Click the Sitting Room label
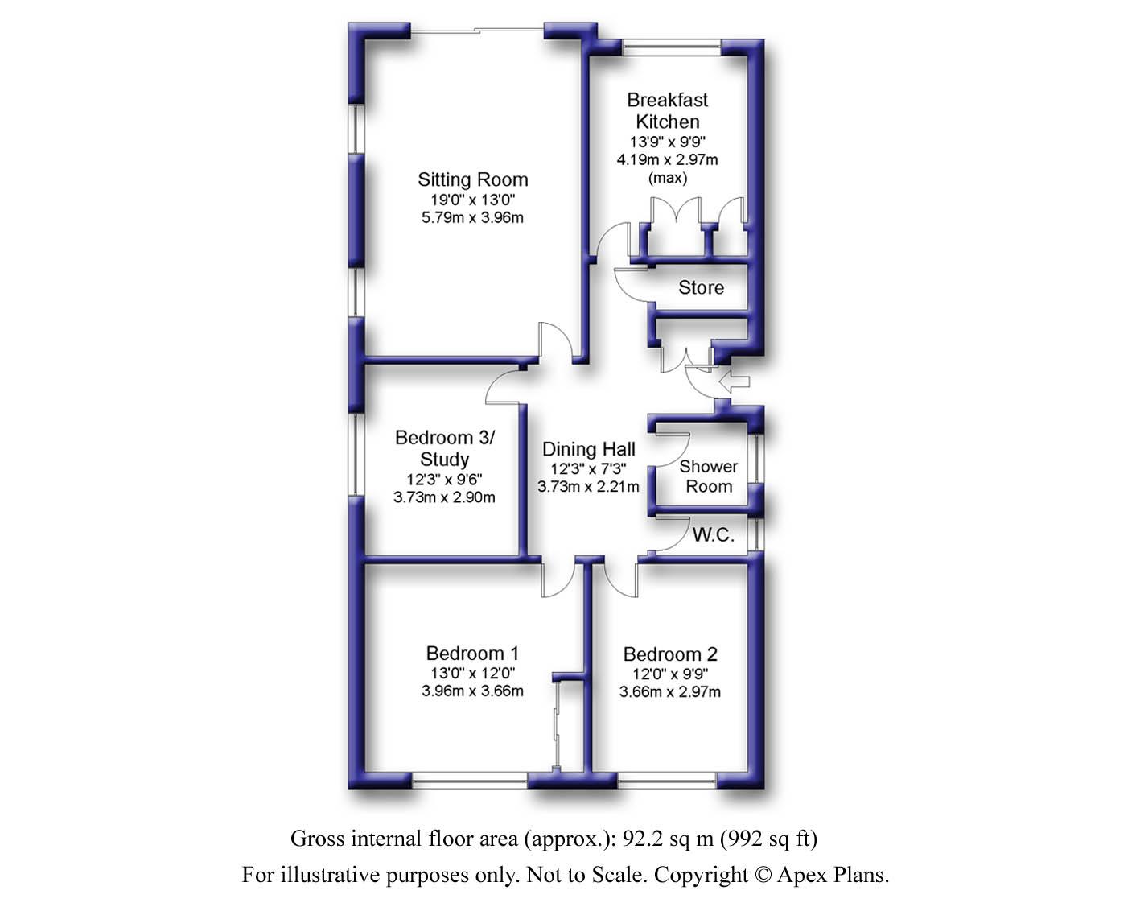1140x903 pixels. click(x=472, y=179)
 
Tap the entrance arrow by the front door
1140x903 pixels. click(x=735, y=381)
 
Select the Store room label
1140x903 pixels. click(x=701, y=287)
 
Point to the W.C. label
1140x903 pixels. click(x=713, y=535)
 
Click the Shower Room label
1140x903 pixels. click(x=709, y=476)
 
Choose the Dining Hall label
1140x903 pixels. click(x=589, y=449)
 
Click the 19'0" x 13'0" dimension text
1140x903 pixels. click(x=472, y=200)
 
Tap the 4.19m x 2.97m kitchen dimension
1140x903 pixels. click(x=668, y=159)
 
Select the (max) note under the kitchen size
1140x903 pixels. click(x=668, y=178)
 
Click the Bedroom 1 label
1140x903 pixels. click(x=472, y=653)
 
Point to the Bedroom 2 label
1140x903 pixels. click(x=670, y=654)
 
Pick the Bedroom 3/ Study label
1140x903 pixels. click(x=444, y=448)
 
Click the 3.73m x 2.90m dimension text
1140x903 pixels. click(x=444, y=497)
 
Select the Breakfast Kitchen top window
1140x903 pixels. click(x=672, y=48)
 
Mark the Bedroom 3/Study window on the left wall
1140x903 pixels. click(x=356, y=454)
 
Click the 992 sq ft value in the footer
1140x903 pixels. click(x=768, y=839)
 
